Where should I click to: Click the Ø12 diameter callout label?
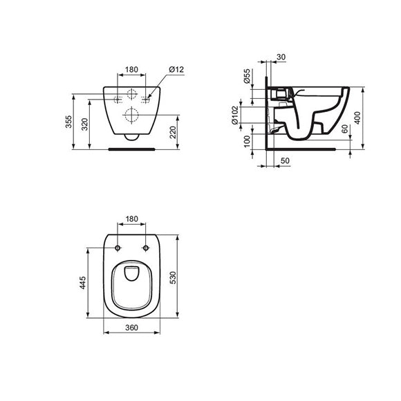pyautogui.click(x=176, y=70)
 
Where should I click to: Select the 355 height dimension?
pyautogui.click(x=68, y=122)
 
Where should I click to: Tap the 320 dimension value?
pyautogui.click(x=84, y=124)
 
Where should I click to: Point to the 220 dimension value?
pyautogui.click(x=173, y=132)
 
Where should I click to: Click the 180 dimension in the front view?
pyautogui.click(x=131, y=70)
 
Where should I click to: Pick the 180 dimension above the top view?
pyautogui.click(x=131, y=219)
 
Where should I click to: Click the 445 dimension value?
pyautogui.click(x=82, y=283)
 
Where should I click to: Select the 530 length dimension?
pyautogui.click(x=173, y=278)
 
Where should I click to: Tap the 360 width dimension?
pyautogui.click(x=131, y=328)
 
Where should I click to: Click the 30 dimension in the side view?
pyautogui.click(x=281, y=57)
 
